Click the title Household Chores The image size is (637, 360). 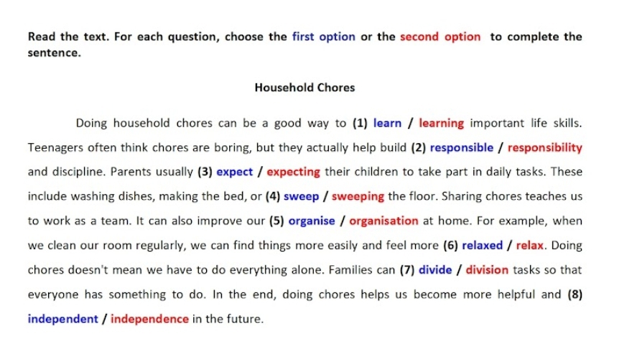tap(304, 88)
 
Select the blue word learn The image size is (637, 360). tap(387, 123)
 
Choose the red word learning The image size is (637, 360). tap(441, 124)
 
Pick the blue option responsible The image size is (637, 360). tap(462, 148)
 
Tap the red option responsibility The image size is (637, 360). tap(545, 148)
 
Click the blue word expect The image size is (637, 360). tap(234, 172)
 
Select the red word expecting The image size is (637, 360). tap(293, 172)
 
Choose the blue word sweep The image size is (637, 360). tap(301, 197)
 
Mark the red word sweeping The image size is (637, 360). tap(358, 197)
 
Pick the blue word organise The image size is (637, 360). tap(312, 221)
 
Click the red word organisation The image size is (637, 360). tap(383, 221)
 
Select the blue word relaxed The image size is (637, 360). tap(482, 246)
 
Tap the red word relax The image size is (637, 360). tap(529, 246)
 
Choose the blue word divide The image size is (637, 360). tap(435, 269)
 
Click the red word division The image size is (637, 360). tap(487, 269)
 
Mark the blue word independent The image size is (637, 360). tap(63, 319)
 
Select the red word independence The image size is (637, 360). tap(149, 319)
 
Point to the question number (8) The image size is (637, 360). tap(575, 294)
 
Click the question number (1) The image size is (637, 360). tap(360, 123)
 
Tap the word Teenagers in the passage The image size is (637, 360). tap(55, 148)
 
